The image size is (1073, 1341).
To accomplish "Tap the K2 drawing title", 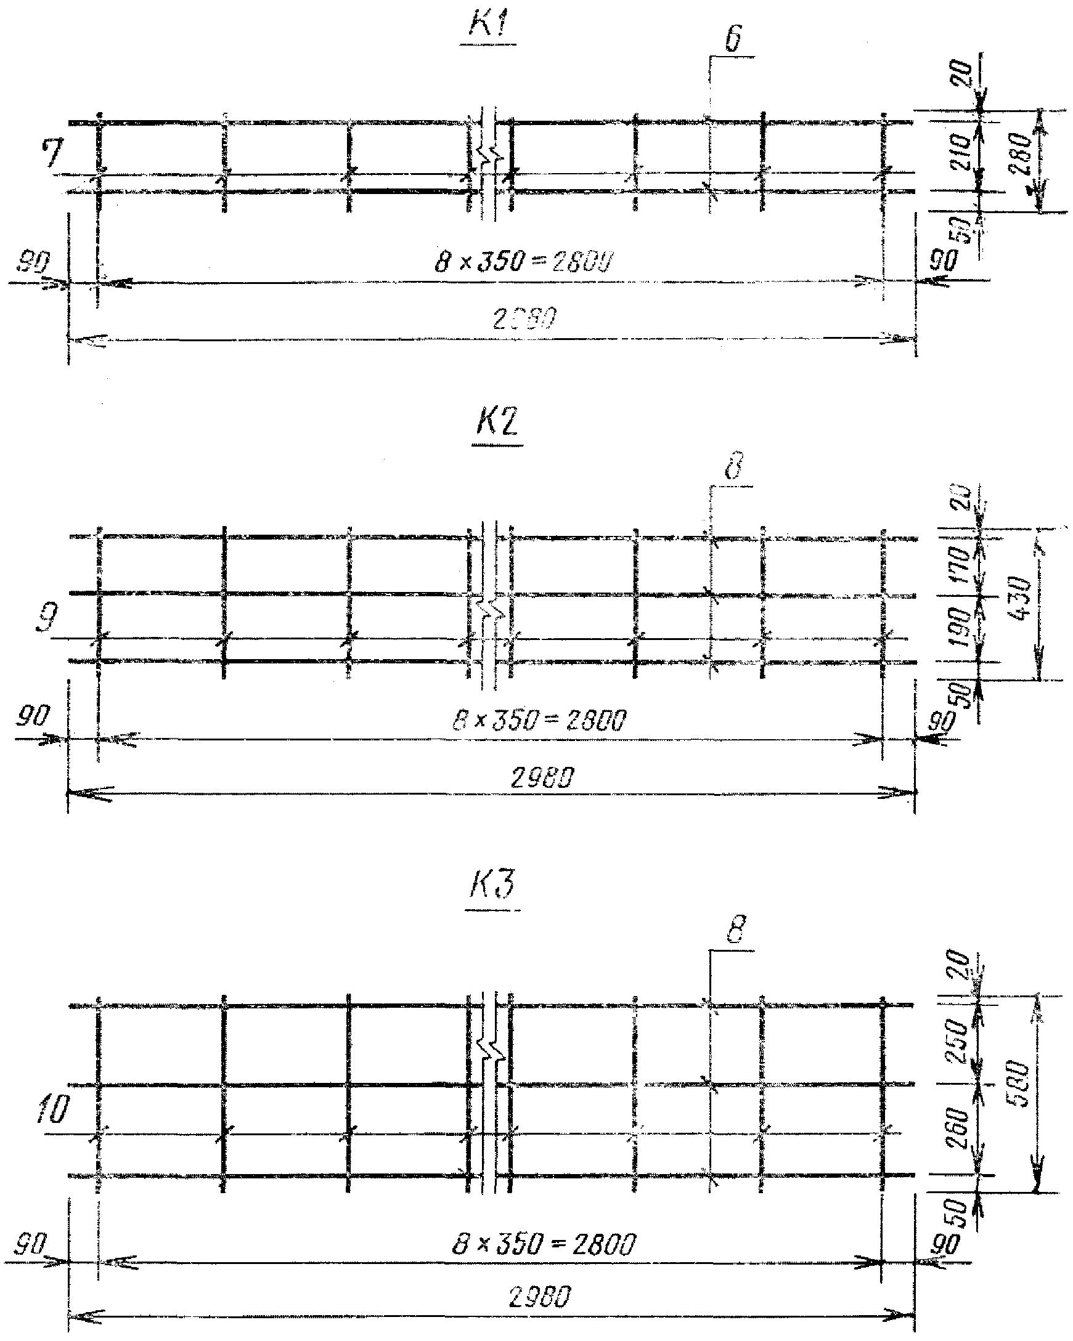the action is (497, 424).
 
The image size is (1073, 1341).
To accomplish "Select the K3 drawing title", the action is (492, 884).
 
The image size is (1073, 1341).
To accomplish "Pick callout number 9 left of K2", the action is (47, 618).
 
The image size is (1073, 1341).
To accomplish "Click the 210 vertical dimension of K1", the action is (961, 151).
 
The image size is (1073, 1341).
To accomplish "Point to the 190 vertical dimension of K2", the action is (961, 626).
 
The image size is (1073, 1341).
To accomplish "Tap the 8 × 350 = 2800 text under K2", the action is (539, 721).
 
